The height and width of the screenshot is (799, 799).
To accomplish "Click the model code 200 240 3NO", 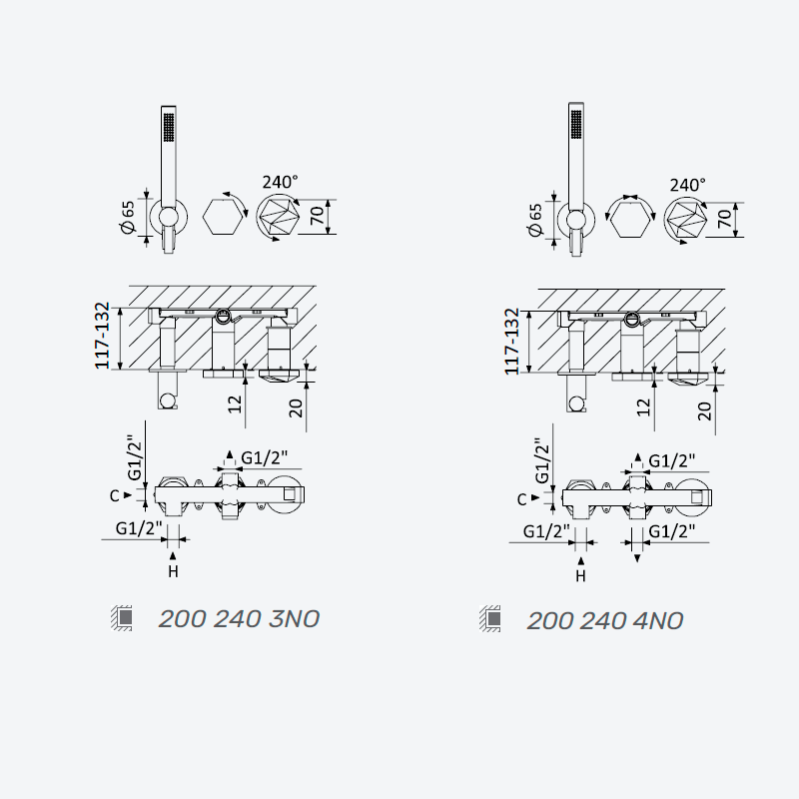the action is [239, 619].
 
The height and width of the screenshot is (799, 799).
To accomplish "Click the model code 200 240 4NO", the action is [605, 621].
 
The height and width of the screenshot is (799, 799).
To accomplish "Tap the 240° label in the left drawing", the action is [281, 182].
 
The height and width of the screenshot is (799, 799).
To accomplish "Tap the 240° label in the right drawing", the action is [688, 185].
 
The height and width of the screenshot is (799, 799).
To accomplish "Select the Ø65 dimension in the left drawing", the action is [128, 217].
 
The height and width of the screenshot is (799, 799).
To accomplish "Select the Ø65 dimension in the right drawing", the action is [535, 220].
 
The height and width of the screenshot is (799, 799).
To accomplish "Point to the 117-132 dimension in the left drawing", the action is [103, 336].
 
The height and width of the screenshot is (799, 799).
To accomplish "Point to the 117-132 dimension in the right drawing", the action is [511, 341].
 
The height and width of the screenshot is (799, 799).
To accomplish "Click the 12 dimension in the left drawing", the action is [235, 404].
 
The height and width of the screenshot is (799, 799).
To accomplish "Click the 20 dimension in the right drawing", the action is [704, 410].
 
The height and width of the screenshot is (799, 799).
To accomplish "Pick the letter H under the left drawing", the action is [173, 571].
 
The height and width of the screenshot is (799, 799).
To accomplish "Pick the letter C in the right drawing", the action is [521, 500].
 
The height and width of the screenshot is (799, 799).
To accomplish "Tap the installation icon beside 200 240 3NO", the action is [122, 618].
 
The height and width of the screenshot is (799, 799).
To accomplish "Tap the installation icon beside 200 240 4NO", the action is [490, 619].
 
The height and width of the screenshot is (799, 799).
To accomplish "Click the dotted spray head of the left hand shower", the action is [169, 127].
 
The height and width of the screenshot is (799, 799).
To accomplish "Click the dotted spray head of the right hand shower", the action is [576, 123].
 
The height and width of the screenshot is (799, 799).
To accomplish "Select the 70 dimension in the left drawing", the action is [317, 216].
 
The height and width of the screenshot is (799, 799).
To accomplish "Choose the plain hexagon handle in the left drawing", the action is [223, 217].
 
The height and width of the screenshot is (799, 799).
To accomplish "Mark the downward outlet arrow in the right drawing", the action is [637, 559].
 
